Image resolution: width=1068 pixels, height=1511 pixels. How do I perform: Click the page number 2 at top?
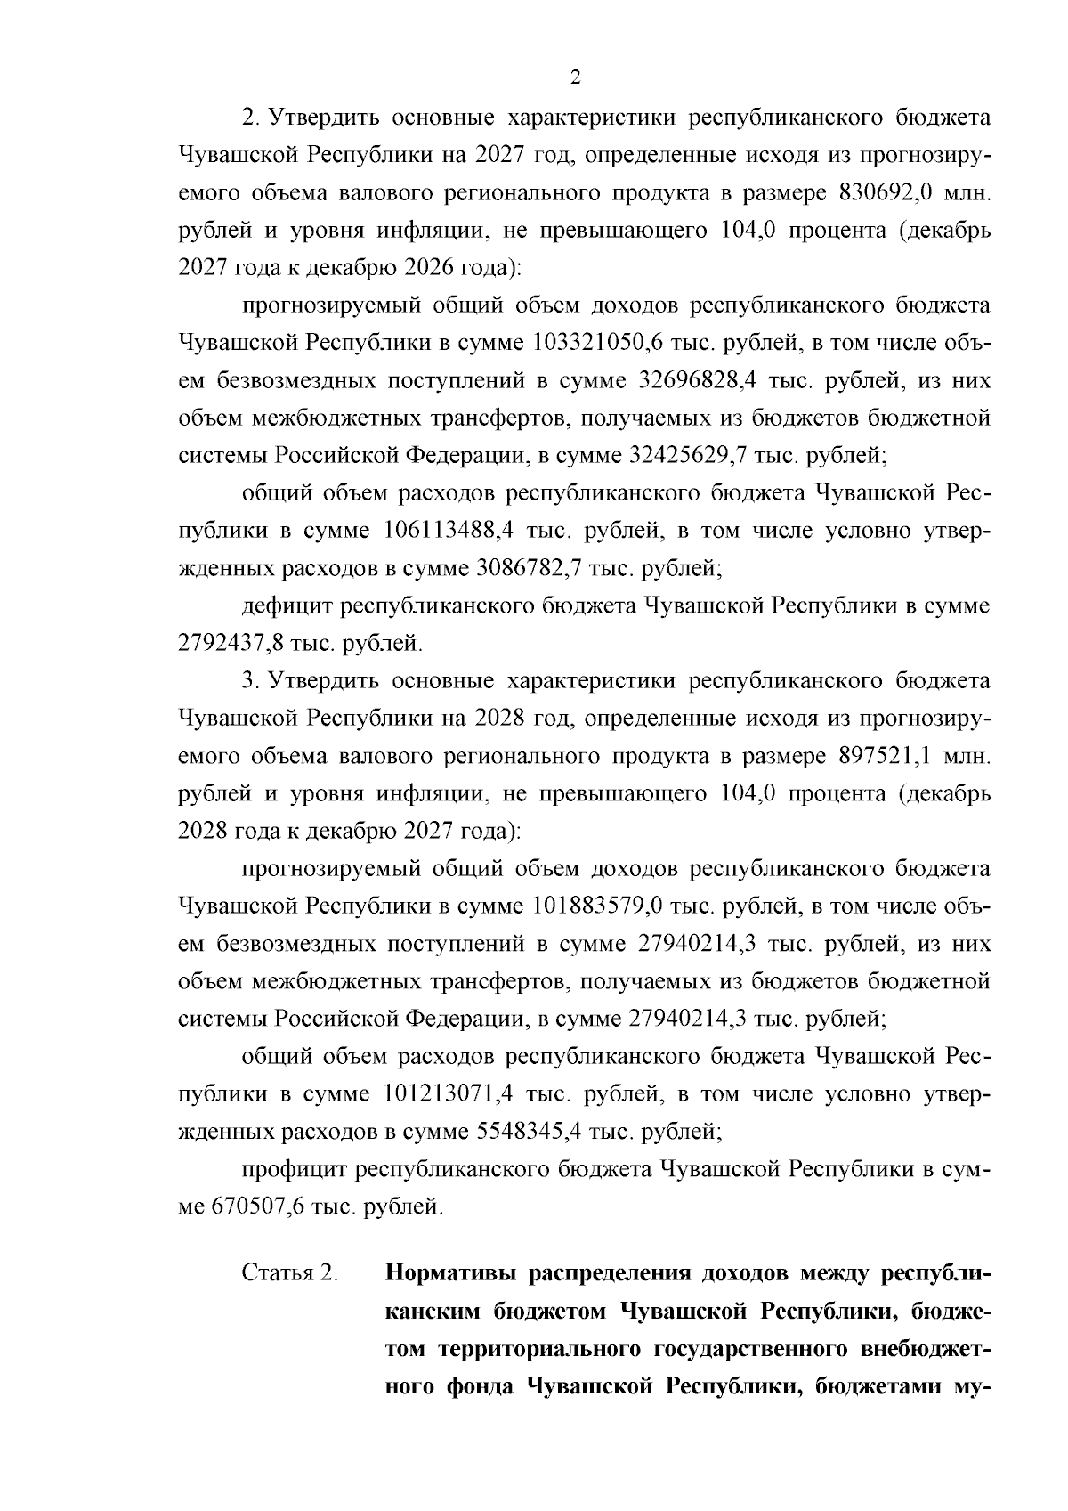(574, 78)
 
